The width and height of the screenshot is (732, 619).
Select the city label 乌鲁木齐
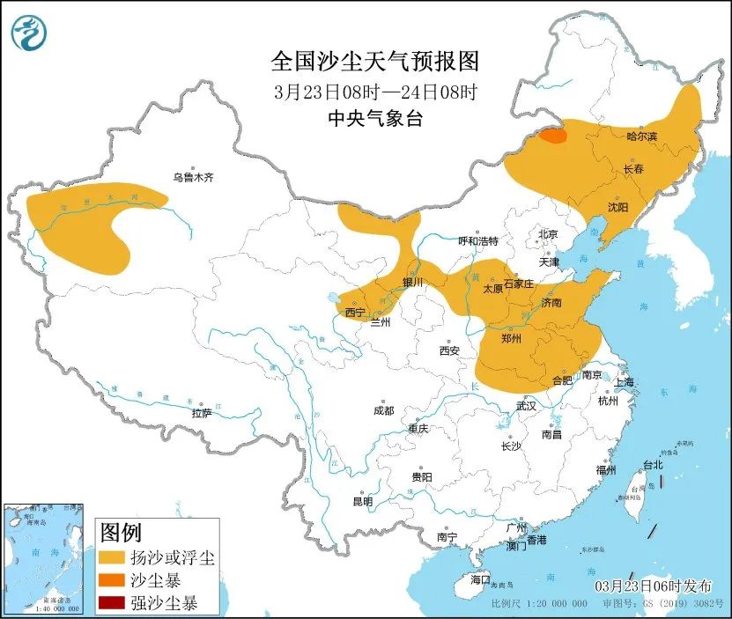[x=193, y=178]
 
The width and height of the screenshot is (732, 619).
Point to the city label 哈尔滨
[x=641, y=136]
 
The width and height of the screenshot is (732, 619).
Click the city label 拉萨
[x=201, y=413]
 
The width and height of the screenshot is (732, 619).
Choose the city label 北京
[x=548, y=234]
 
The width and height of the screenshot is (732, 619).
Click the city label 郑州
[x=511, y=338]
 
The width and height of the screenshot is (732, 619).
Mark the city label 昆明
[x=362, y=501]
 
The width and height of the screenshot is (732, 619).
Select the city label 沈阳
[x=617, y=208]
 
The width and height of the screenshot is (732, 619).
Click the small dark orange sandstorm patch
[x=552, y=136]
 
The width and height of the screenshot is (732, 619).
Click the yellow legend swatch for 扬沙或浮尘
[x=112, y=558]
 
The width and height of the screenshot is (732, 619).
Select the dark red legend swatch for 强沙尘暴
[x=112, y=603]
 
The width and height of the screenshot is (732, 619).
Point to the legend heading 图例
[x=121, y=533]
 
